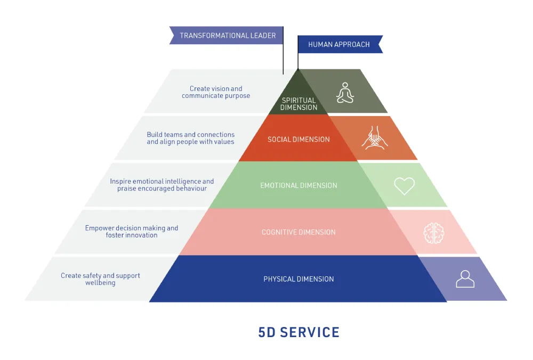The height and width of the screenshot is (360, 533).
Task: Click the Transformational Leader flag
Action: [x=227, y=36]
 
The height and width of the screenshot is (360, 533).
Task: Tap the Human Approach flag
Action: [x=340, y=45]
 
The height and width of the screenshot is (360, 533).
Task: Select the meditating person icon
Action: [x=345, y=93]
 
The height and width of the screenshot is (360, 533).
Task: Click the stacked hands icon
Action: [x=375, y=138]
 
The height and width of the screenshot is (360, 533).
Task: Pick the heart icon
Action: [x=404, y=185]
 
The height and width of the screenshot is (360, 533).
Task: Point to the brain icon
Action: [x=433, y=232]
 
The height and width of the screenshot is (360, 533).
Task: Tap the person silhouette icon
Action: [x=465, y=279]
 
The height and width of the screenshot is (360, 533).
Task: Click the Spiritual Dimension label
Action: [x=298, y=104]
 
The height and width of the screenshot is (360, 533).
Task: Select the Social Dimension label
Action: [x=298, y=140]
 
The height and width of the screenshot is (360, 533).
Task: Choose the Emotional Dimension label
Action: [x=298, y=186]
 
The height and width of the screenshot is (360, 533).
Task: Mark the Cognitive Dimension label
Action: [x=298, y=232]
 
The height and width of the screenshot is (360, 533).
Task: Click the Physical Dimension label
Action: [x=298, y=279]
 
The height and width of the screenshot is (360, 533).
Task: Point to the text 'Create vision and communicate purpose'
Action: [x=216, y=92]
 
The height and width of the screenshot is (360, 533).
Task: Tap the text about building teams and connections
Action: [x=190, y=138]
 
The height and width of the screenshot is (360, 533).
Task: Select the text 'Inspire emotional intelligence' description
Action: [x=162, y=185]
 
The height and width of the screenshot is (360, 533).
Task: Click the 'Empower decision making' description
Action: [x=132, y=232]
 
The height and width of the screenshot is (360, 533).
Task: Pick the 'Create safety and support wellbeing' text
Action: [x=100, y=279]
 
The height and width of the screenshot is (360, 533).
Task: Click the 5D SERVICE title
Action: [x=298, y=332]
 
